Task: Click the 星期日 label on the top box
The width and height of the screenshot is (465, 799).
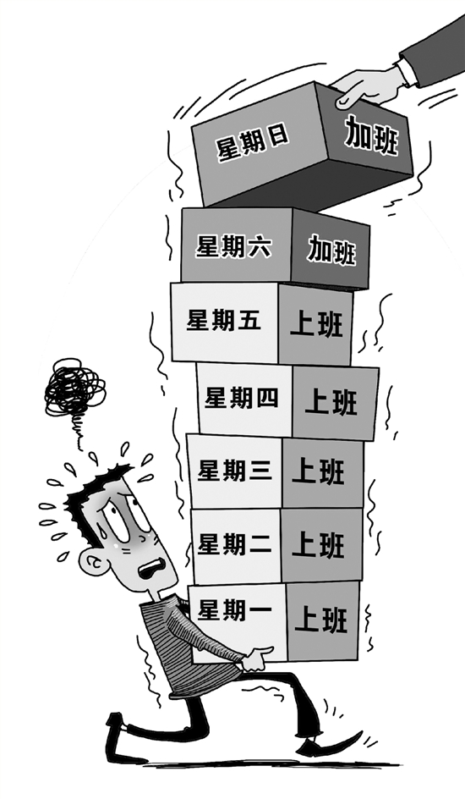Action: tap(253, 143)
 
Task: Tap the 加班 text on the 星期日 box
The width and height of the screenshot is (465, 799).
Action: tap(371, 135)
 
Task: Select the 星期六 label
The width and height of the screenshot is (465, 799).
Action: tap(234, 246)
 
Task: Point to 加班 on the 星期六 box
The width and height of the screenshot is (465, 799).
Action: tap(331, 250)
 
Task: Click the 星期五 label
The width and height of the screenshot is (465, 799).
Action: tap(223, 321)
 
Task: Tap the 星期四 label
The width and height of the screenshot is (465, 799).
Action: tap(241, 398)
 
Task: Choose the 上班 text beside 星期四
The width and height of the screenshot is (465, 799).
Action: tap(331, 401)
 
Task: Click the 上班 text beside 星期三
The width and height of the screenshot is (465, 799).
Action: tap(319, 471)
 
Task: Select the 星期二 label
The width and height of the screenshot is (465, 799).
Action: tap(234, 545)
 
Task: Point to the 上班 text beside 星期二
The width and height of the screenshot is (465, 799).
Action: tap(319, 545)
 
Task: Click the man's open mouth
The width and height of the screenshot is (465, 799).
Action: tap(153, 567)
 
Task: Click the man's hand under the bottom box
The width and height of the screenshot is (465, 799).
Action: tap(257, 659)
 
